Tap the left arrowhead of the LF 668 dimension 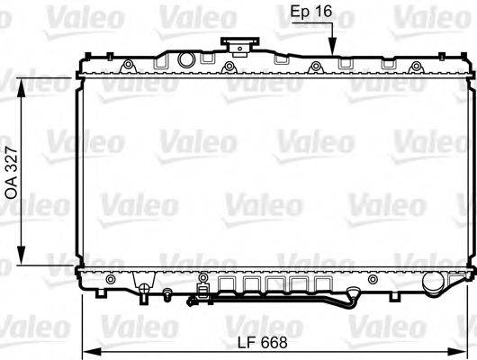(88, 350)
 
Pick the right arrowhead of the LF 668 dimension (466, 350)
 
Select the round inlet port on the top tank (186, 60)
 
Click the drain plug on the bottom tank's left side (142, 289)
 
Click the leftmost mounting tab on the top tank (128, 64)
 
